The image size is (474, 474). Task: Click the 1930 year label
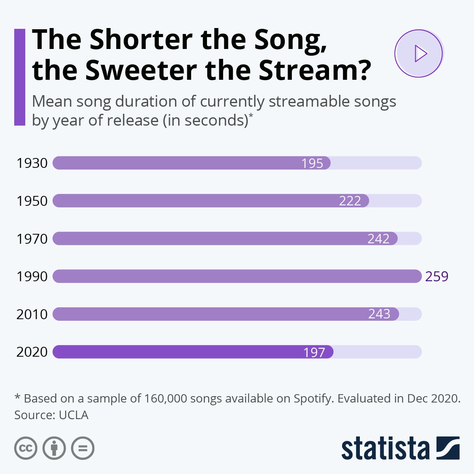[32, 163]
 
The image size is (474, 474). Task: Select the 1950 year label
[32, 201]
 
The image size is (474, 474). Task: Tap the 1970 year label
[32, 239]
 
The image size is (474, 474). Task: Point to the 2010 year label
[32, 314]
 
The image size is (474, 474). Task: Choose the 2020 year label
[32, 352]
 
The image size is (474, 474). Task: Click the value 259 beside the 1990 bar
[436, 276]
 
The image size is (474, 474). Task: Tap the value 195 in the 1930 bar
[312, 163]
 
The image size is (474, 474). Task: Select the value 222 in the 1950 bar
[350, 201]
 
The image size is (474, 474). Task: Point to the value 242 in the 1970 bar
[378, 239]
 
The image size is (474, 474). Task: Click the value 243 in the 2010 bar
[379, 314]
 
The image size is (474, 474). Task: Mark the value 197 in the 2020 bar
[314, 352]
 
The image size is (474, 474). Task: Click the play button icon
[419, 53]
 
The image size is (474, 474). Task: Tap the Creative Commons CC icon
[26, 448]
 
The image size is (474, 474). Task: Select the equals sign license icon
[83, 448]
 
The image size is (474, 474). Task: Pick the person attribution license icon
[54, 448]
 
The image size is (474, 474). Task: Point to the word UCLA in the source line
[73, 415]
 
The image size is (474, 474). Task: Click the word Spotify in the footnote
[312, 399]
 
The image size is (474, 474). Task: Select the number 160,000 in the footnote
[165, 398]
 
